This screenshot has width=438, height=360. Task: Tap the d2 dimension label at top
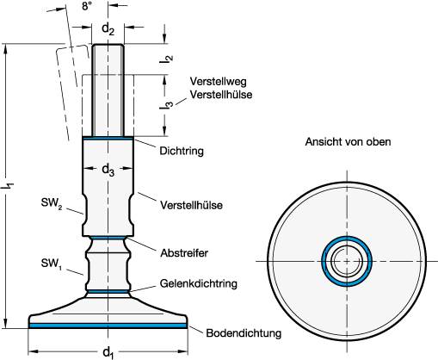(x=108, y=29)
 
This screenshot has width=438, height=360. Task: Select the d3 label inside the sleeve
(x=108, y=171)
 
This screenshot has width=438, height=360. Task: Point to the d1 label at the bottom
(x=107, y=351)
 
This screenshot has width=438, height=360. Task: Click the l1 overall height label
(x=9, y=185)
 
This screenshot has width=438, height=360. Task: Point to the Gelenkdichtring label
(x=199, y=283)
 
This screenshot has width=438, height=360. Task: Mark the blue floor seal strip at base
(x=108, y=326)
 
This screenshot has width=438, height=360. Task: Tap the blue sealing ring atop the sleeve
(x=108, y=137)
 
